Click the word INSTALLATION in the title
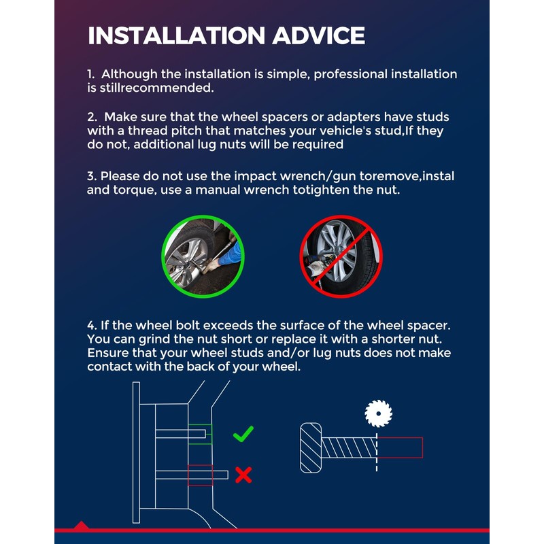(177, 35)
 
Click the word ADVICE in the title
(318, 35)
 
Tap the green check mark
(243, 434)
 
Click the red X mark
(243, 475)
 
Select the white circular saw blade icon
(378, 413)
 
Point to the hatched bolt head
(311, 447)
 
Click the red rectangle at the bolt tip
(400, 447)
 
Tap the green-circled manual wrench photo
(203, 256)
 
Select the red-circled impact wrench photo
(341, 256)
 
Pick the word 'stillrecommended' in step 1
(157, 88)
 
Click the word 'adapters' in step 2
(354, 118)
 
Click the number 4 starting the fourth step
(92, 326)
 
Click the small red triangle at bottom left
(81, 525)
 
